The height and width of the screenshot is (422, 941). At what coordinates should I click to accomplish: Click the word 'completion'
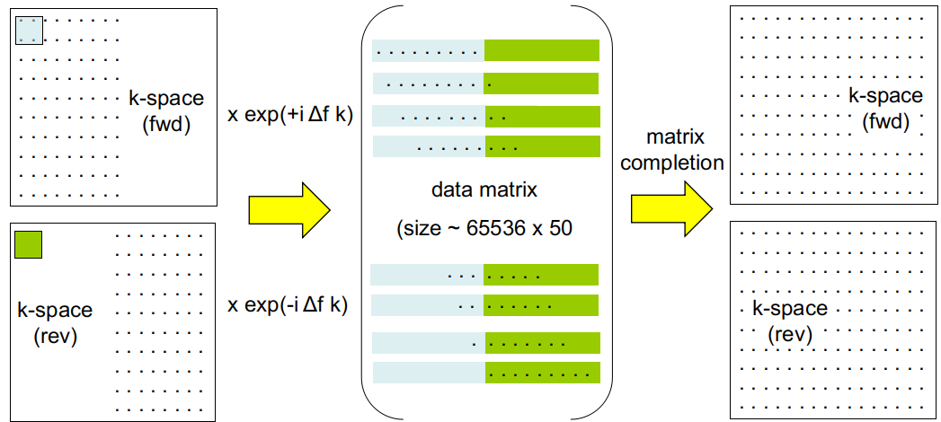pyautogui.click(x=672, y=163)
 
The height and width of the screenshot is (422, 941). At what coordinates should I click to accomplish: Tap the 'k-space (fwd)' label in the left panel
pyautogui.click(x=166, y=110)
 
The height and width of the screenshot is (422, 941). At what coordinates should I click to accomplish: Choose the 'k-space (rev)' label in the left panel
pyautogui.click(x=55, y=322)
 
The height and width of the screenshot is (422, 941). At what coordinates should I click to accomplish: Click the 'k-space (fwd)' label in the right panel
pyautogui.click(x=885, y=108)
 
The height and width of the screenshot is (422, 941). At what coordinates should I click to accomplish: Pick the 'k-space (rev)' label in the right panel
pyautogui.click(x=790, y=321)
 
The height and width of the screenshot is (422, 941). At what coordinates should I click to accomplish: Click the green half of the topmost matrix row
pyautogui.click(x=541, y=50)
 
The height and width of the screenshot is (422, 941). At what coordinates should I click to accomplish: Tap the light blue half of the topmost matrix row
pyautogui.click(x=428, y=50)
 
